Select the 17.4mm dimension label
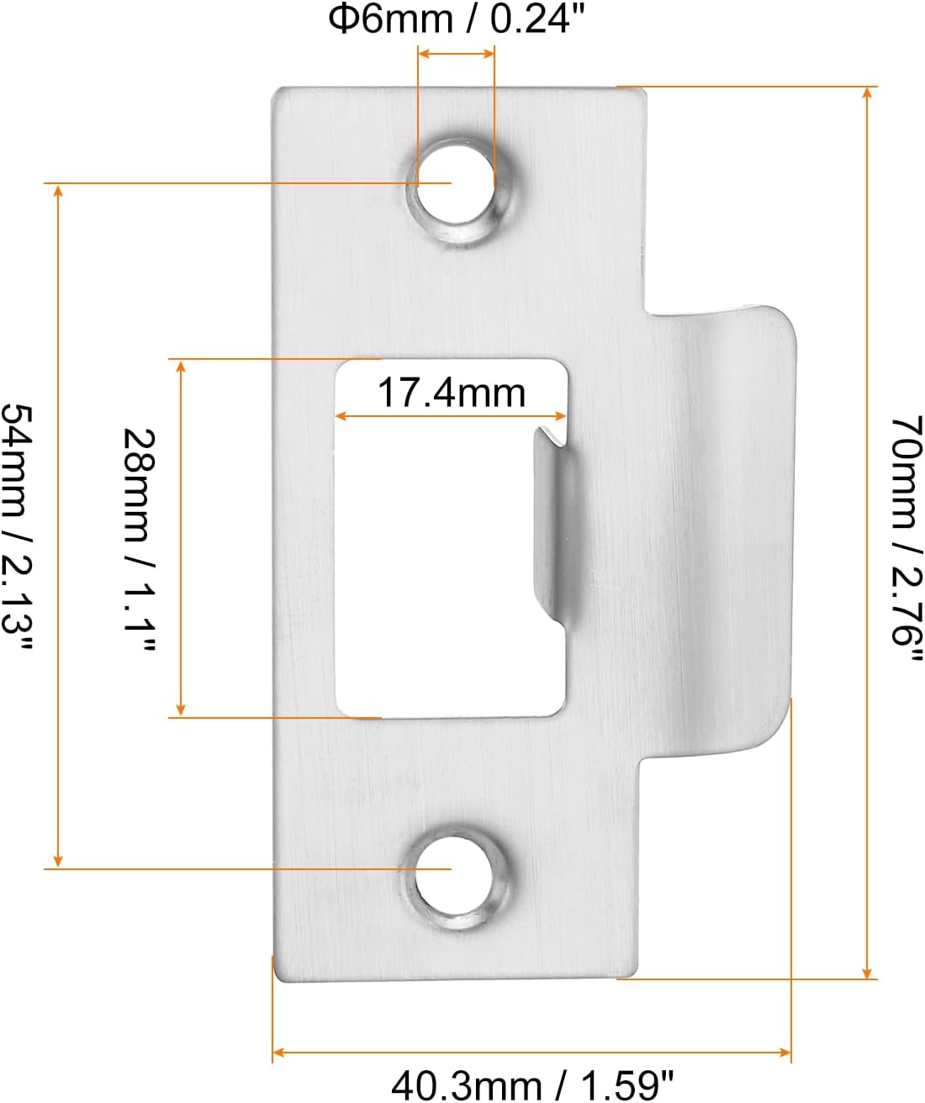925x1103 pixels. point(452,393)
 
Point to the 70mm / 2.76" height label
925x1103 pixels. point(906,533)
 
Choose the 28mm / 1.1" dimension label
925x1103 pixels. point(140,538)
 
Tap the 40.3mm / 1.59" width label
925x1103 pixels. point(532,1085)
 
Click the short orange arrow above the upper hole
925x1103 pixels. point(457,54)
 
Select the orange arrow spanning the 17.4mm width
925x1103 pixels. point(452,415)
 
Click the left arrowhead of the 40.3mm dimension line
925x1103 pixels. point(278,1052)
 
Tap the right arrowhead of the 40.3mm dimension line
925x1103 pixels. point(786,1052)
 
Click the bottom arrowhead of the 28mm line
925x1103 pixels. point(179,711)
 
